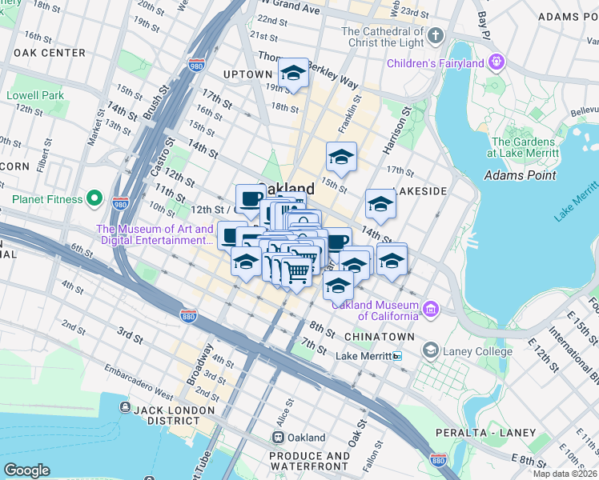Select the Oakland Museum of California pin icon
[431, 309]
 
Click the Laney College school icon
[431, 350]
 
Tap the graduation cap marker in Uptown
[294, 75]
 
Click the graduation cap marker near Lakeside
[380, 206]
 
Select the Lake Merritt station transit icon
[396, 356]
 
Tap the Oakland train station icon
[278, 438]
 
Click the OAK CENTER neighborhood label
[50, 53]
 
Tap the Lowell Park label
[34, 95]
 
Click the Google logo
[26, 470]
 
